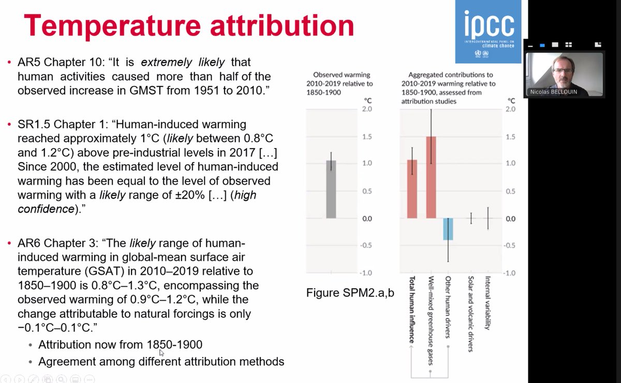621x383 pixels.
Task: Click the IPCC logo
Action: click(x=488, y=31)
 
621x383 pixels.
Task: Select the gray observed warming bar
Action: click(x=331, y=189)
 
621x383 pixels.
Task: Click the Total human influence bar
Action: click(x=412, y=189)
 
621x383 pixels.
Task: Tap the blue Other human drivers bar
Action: click(x=448, y=229)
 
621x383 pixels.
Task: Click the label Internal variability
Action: click(x=487, y=303)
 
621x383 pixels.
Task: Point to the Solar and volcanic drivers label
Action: click(x=470, y=314)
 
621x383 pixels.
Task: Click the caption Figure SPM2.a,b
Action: click(x=350, y=293)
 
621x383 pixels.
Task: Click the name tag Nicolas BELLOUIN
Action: click(x=554, y=92)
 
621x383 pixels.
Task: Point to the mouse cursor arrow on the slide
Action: click(x=161, y=352)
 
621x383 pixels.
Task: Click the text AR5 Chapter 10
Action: click(x=56, y=63)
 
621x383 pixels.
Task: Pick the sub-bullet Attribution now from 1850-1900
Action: click(x=120, y=345)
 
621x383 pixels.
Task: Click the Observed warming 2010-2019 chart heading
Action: click(x=342, y=79)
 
